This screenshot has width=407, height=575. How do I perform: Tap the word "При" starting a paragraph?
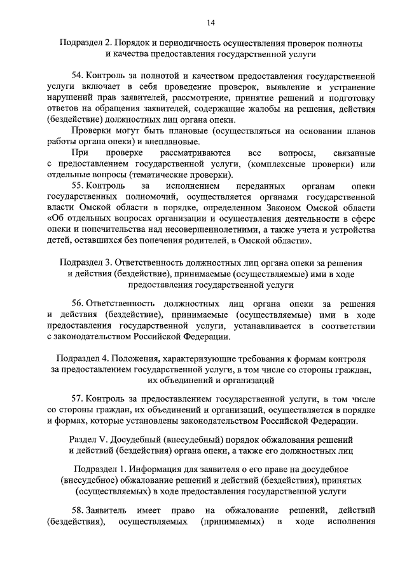pyautogui.click(x=79, y=154)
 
